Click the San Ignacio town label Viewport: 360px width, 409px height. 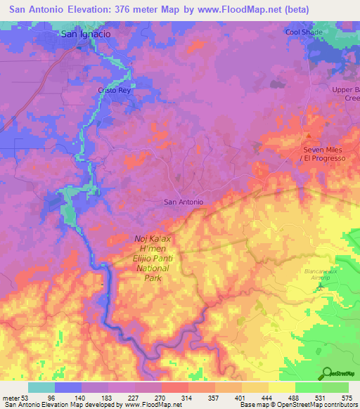pos(86,33)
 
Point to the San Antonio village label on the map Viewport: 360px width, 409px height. pos(184,202)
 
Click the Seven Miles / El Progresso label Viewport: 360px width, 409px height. pos(324,154)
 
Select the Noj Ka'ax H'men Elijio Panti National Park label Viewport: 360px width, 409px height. pos(153,258)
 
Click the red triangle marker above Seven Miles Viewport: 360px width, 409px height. pos(307,136)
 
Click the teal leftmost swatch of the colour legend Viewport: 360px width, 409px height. pos(41,388)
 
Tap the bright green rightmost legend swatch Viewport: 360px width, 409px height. pos(336,388)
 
